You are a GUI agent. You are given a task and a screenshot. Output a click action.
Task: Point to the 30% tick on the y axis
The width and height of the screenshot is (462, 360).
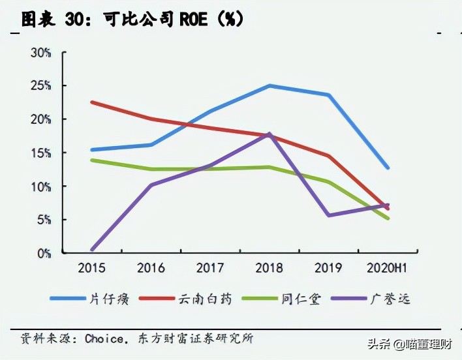pos(40,53)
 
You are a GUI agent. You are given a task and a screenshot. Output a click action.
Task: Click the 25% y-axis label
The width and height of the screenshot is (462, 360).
pos(40,86)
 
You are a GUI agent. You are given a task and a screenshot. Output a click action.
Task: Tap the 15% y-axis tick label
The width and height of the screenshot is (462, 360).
pos(40,153)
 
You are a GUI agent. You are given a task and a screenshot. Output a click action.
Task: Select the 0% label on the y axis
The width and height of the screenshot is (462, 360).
pos(43,253)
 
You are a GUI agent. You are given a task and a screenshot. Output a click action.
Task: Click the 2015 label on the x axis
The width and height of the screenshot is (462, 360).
pos(92,267)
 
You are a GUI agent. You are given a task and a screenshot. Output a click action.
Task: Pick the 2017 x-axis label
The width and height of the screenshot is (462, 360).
pos(210,267)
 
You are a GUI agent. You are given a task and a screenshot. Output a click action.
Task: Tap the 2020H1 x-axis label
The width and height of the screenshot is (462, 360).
pos(388,267)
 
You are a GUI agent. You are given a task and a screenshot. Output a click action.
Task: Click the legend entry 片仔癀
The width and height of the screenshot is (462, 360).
pos(108,299)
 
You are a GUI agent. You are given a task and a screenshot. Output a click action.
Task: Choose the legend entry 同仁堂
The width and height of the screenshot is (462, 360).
pos(300,299)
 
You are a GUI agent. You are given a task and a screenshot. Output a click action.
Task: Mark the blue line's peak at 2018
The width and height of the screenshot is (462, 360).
pos(269,85)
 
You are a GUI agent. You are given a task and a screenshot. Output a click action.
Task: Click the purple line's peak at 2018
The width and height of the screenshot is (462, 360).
pos(269,134)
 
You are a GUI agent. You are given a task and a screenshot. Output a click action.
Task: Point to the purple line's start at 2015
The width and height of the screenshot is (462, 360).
pos(92,249)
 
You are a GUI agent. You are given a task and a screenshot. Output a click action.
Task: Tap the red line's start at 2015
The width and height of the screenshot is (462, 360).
pos(92,102)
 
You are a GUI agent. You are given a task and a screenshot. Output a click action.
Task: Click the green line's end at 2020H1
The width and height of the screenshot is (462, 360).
pos(388,218)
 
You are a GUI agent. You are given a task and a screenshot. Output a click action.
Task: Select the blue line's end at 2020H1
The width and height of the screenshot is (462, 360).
pos(388,168)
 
